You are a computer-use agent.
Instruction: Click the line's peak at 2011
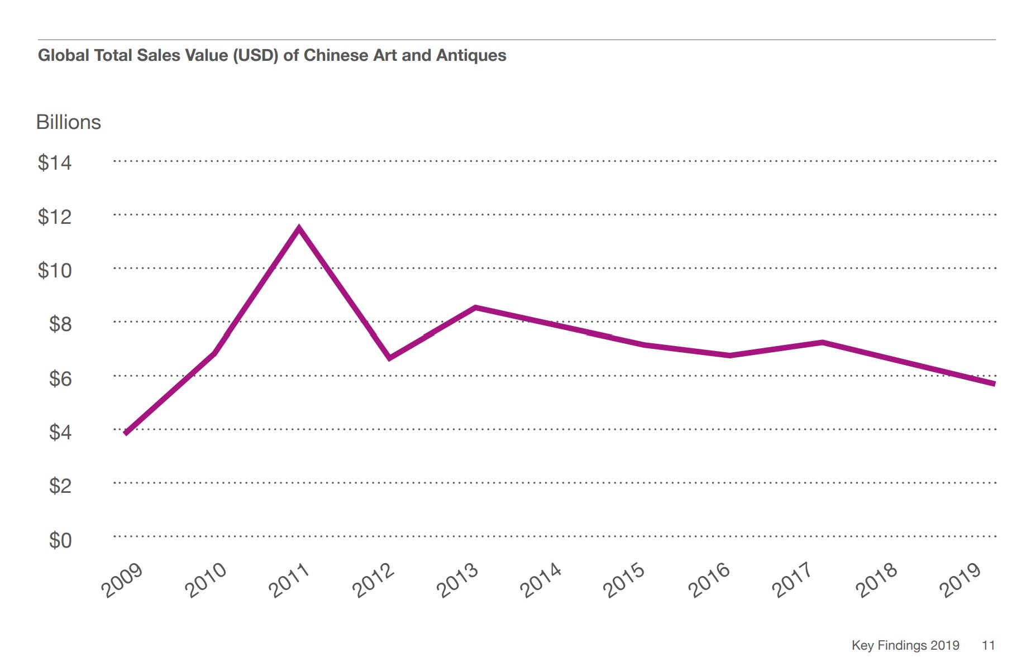[299, 228]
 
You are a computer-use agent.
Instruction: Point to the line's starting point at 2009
[126, 433]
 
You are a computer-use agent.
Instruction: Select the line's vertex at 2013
[475, 308]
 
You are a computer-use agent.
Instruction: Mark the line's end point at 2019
[994, 383]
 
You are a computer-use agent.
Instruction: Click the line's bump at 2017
[822, 342]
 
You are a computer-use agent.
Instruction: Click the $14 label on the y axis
[55, 162]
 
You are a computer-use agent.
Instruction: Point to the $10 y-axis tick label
[55, 270]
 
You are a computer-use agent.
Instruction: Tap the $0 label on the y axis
[60, 540]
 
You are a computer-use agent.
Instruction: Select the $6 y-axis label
[60, 378]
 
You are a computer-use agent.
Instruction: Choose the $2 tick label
[60, 486]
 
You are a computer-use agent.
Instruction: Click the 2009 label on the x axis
[122, 580]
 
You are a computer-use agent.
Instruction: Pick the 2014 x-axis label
[540, 580]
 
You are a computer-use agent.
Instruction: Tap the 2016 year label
[708, 580]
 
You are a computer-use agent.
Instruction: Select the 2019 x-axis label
[960, 580]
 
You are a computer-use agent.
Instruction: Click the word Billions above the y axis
[68, 122]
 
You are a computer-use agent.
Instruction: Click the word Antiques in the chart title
[471, 55]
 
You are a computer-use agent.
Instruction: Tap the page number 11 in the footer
[988, 645]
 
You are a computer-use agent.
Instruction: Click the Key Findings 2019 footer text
[905, 645]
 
